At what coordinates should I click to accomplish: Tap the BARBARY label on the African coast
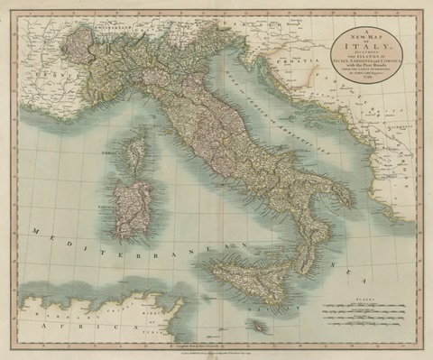[54, 302]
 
